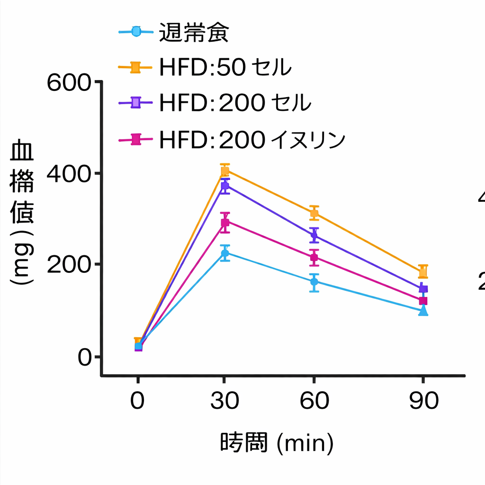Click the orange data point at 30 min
[225, 171]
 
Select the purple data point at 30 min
[225, 186]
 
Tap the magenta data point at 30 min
[225, 222]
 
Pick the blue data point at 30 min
[225, 253]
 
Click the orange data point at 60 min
[314, 213]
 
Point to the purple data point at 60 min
[314, 235]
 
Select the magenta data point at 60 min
[314, 258]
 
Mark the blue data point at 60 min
[314, 282]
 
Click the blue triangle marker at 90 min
[423, 311]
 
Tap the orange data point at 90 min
[423, 271]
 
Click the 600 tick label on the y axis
[69, 83]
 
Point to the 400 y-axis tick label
[69, 174]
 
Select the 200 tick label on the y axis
[69, 265]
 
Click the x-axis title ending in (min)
[277, 443]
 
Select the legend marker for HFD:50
[135, 68]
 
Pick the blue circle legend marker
[135, 32]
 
